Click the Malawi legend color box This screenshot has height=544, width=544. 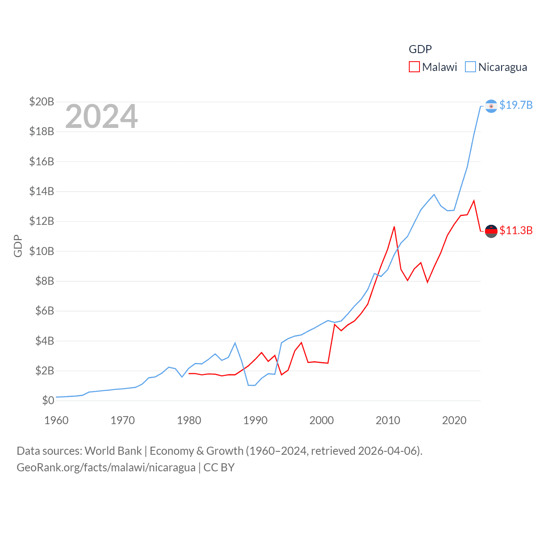point(414,67)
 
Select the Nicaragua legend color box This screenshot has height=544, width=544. point(470,67)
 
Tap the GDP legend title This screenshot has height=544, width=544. point(420,49)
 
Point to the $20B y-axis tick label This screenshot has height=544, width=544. point(42,102)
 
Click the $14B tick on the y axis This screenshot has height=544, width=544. point(42,191)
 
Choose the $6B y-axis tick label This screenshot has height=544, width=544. point(42,311)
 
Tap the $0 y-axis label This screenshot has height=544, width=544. point(48,400)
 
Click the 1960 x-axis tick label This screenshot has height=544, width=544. point(57,420)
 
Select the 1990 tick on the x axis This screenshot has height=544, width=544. point(255,420)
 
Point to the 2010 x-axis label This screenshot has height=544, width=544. point(388,420)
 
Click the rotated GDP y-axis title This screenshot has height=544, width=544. point(18,246)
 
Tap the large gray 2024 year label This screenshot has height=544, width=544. point(101,116)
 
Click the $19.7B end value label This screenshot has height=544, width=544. point(516,105)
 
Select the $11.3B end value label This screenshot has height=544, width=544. point(516,230)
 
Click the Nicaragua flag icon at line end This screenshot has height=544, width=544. point(491,106)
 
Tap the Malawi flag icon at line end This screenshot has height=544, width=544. point(491,231)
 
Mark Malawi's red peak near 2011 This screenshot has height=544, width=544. point(394,227)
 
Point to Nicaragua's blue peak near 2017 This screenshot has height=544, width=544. point(434,195)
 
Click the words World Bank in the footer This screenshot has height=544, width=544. point(113,450)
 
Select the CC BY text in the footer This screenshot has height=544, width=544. point(219,467)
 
